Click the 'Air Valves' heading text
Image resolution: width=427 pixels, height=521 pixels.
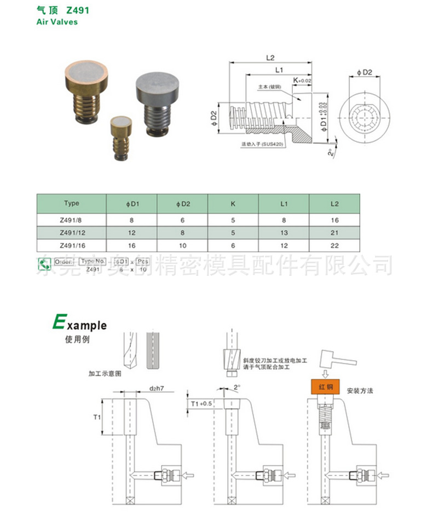point(57,22)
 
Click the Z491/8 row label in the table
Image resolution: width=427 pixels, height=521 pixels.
point(71,219)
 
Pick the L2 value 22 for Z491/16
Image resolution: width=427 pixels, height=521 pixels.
point(334,246)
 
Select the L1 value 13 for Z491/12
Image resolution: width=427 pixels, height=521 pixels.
point(283,233)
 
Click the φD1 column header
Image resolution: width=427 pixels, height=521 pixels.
point(131,204)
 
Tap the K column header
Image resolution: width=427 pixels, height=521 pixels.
point(233,204)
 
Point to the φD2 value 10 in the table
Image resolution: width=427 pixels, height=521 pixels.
point(182,246)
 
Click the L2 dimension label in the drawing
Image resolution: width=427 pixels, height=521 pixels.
point(270,57)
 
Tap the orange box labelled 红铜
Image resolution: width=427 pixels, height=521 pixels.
point(326,387)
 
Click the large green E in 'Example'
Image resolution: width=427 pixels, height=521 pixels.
point(58,322)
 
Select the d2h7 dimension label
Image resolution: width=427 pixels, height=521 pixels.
point(157,389)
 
